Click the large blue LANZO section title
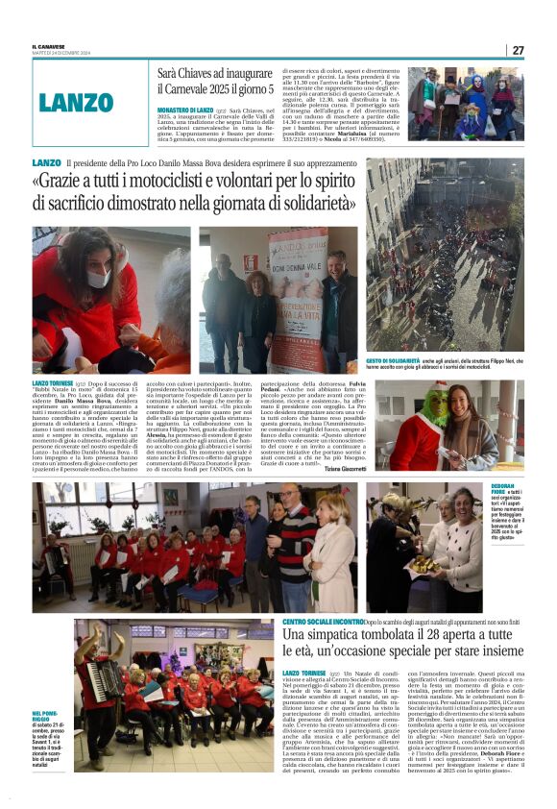coord(76,103)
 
